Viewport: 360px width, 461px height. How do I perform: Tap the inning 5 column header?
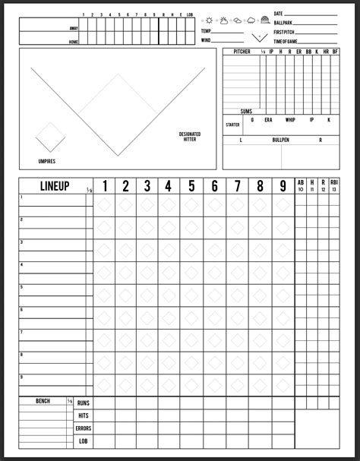click(191, 185)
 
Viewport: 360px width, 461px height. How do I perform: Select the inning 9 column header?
click(283, 185)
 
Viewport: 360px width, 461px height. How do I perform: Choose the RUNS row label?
click(84, 403)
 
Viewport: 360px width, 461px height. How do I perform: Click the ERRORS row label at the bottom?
click(84, 428)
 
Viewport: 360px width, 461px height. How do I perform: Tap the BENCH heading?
click(43, 400)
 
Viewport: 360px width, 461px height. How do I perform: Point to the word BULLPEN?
click(280, 141)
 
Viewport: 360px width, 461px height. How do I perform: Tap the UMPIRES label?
click(47, 161)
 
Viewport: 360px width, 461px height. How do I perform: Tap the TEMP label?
click(206, 30)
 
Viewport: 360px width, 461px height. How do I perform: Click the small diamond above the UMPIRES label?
click(50, 137)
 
